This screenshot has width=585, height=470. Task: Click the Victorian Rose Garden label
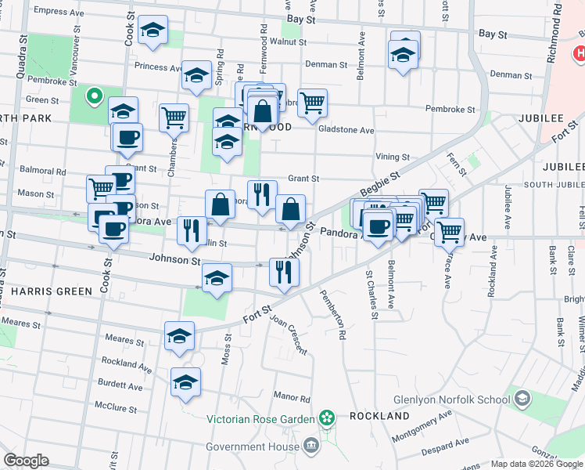[x=260, y=419]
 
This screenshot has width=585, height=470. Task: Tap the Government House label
[x=254, y=446]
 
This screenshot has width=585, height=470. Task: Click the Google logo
[x=26, y=461]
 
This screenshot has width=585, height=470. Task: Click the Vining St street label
[x=392, y=157]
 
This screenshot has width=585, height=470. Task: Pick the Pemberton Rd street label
[x=333, y=315]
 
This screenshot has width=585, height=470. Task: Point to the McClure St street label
[x=116, y=408]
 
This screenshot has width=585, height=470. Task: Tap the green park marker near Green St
[x=94, y=96]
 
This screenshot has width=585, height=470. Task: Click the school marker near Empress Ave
[x=153, y=31]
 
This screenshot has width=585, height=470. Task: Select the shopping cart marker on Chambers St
[x=174, y=117]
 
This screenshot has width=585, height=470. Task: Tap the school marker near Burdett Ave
[x=185, y=382]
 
